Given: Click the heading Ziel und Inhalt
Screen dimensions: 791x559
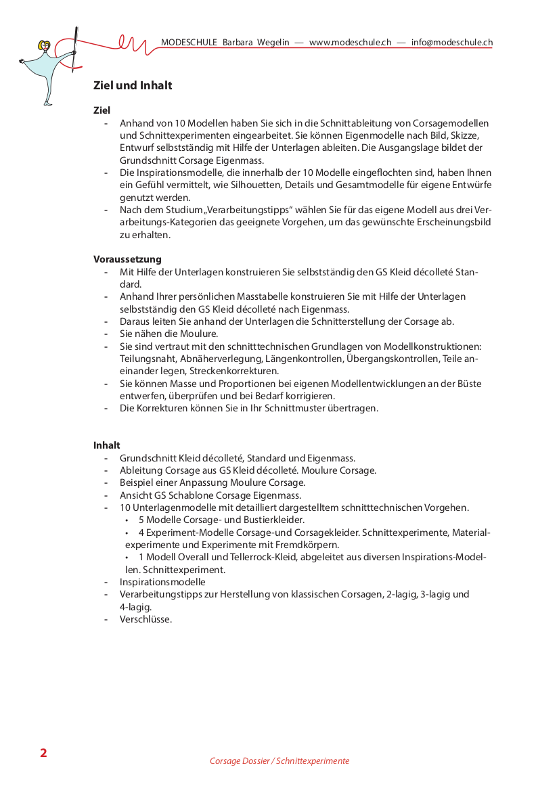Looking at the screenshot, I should point(133,86).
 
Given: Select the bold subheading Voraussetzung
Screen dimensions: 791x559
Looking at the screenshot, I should point(127,259).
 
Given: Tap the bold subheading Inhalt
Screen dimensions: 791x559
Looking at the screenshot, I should point(107,445).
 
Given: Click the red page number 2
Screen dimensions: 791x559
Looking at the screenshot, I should point(43,754).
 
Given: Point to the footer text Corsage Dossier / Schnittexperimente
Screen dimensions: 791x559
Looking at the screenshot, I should point(279,761).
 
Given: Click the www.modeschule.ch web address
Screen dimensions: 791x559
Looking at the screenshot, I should point(350,42).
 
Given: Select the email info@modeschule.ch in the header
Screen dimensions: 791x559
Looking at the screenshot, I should point(451,42).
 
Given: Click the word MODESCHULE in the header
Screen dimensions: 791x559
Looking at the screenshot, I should point(189,42).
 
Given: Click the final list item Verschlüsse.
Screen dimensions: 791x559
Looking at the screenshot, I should point(146,618).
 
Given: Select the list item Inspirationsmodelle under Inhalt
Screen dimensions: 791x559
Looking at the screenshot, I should point(162,582).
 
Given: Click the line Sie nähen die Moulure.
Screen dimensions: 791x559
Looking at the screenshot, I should point(169,334).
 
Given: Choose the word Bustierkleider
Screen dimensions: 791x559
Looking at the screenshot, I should point(270,520).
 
